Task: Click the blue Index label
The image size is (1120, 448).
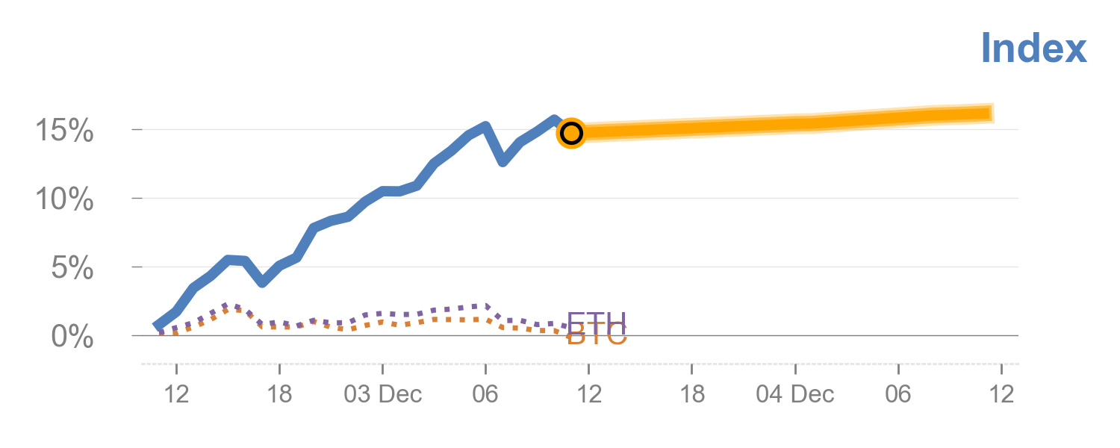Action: tap(1033, 49)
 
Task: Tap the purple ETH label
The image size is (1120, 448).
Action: tap(596, 321)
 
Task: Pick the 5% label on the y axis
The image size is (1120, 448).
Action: tap(72, 268)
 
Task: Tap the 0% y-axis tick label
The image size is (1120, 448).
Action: tap(72, 337)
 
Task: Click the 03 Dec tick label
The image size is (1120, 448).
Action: tap(382, 393)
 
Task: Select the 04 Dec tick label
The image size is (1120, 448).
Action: tap(795, 393)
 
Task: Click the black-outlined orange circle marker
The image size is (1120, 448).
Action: tap(571, 133)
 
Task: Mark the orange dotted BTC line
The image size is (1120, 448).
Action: tap(418, 322)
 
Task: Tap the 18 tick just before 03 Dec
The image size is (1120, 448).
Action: tap(279, 393)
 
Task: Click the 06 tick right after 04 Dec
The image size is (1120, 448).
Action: tap(898, 393)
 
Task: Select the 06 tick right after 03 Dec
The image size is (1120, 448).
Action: tap(485, 393)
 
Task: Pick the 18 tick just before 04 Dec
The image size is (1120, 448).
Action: tap(692, 393)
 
